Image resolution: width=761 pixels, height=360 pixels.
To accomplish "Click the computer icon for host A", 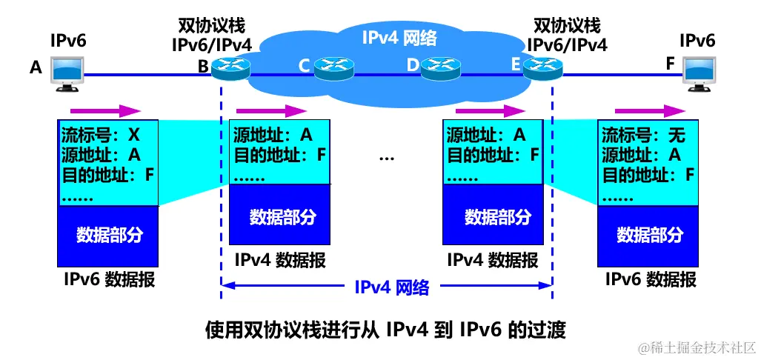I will pyautogui.click(x=69, y=73).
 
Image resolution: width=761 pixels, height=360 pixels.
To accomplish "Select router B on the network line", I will pyautogui.click(x=230, y=68).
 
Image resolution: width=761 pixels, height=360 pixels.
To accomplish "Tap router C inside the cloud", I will pyautogui.click(x=334, y=68).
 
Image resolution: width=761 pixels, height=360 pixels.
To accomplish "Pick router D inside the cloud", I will pyautogui.click(x=441, y=68).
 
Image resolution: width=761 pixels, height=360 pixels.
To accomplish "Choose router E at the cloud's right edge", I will pyautogui.click(x=542, y=68).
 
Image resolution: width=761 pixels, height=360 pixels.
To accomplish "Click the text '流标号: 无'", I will pyautogui.click(x=643, y=136).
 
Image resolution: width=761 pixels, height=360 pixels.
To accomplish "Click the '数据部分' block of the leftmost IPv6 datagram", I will pyautogui.click(x=108, y=236).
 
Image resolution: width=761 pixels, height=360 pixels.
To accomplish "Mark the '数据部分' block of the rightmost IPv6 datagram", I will pyautogui.click(x=648, y=235).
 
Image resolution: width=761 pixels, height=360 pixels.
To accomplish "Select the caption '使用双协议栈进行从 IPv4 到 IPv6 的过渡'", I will pyautogui.click(x=385, y=330).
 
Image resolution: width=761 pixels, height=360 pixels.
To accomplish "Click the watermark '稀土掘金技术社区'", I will pyautogui.click(x=691, y=347).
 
